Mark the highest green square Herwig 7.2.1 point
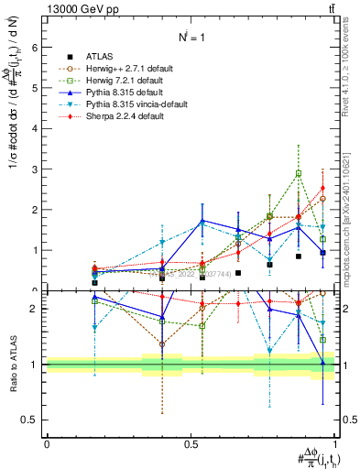point(299,173)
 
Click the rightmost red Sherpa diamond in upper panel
point(322,188)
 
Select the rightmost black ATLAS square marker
point(322,252)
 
